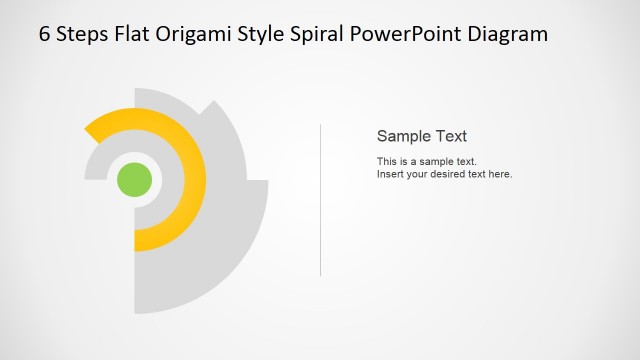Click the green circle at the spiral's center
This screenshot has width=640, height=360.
pos(134,180)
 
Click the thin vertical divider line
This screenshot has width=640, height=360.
pos(320,200)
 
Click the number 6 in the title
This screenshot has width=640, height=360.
pos(45,34)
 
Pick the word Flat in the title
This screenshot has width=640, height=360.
pos(142,34)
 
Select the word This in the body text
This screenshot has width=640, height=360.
pos(387,161)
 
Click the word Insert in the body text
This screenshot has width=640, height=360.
pos(390,174)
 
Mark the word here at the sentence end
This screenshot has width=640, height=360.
pos(500,174)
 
